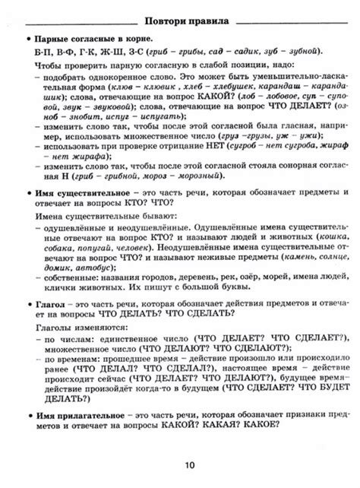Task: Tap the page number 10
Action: point(180,466)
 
